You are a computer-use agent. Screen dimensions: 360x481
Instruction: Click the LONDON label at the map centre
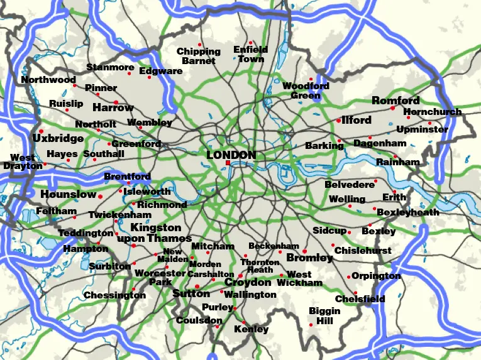tap(231, 155)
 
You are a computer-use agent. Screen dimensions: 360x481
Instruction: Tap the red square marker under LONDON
tap(227, 163)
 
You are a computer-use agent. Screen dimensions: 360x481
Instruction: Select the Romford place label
tap(395, 101)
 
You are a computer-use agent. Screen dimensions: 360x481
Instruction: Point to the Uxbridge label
tap(58, 138)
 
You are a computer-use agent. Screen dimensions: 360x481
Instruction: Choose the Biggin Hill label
tap(324, 315)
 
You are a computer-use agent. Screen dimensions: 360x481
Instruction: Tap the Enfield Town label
tap(250, 54)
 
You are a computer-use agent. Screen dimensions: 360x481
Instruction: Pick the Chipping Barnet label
tap(198, 56)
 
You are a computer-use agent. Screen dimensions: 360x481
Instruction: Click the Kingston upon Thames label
tap(156, 233)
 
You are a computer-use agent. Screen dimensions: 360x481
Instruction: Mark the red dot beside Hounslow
tap(100, 197)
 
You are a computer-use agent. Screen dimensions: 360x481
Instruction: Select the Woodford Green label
tap(306, 90)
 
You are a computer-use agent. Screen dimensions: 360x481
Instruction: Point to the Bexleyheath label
tap(407, 213)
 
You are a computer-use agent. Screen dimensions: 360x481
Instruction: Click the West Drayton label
tap(23, 162)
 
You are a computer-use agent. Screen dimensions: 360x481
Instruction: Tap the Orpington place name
tap(376, 276)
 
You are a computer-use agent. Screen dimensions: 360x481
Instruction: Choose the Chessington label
tap(114, 295)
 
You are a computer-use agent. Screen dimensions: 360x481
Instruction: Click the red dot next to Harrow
tap(116, 101)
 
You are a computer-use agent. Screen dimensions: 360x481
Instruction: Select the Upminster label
tap(422, 130)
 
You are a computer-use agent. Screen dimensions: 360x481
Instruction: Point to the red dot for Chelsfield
tap(355, 293)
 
